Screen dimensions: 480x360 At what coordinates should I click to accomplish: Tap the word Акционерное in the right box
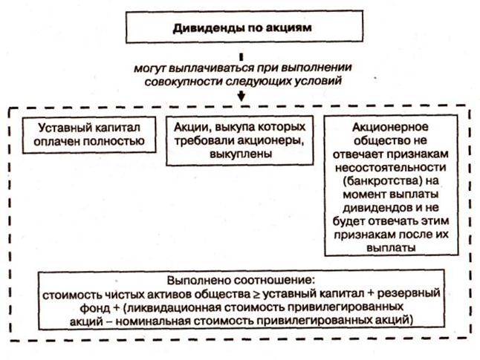click(391, 126)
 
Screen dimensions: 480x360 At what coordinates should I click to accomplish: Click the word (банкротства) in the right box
click(391, 179)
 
